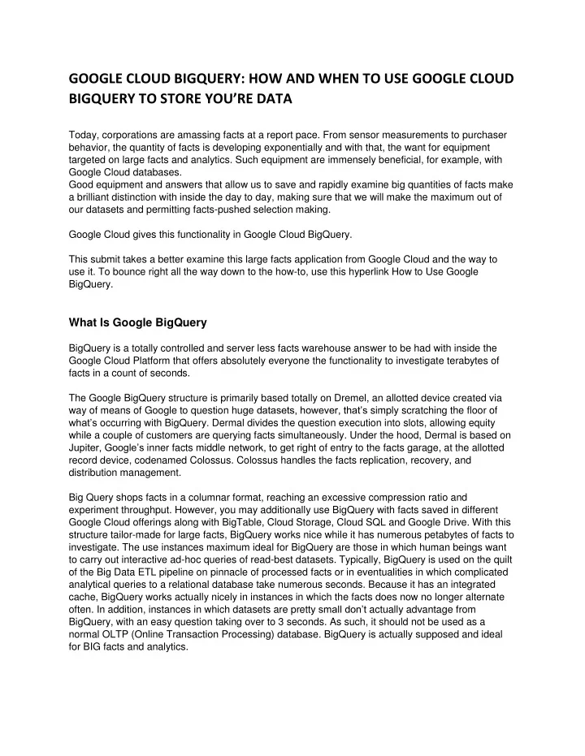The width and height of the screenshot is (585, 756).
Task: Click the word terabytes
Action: pyautogui.click(x=461, y=360)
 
